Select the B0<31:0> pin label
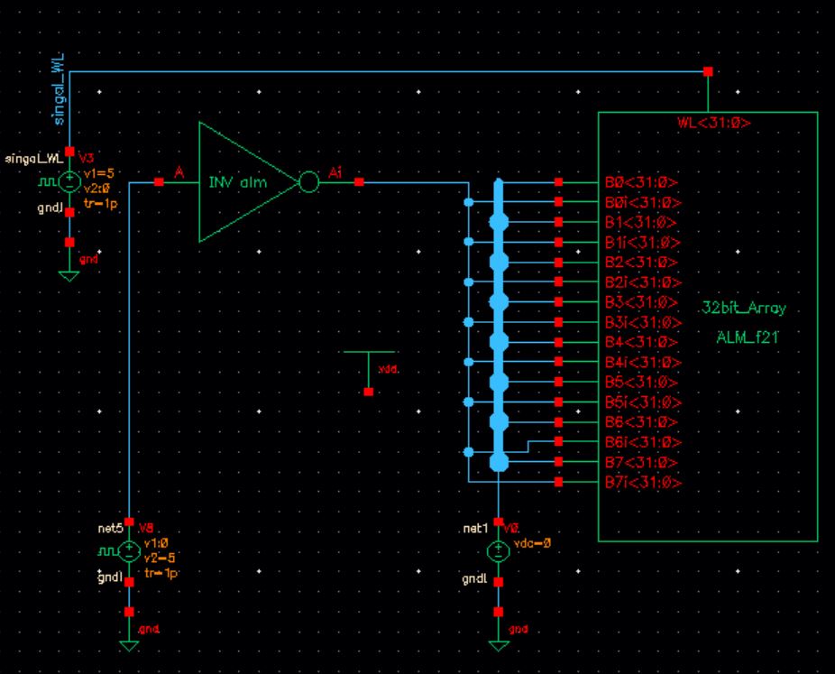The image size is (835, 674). point(642,183)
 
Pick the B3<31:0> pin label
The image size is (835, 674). point(642,302)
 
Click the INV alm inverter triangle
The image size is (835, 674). point(243,183)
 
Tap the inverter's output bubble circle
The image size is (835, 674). point(308,183)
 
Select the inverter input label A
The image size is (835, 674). point(179,172)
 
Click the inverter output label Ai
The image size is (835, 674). point(335,172)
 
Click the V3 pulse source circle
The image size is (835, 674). point(69,182)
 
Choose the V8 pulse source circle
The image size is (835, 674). point(129,550)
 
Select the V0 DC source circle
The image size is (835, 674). point(499,550)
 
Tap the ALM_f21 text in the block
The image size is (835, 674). point(746,337)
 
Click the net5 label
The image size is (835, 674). point(109,527)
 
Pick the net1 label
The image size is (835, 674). point(474,528)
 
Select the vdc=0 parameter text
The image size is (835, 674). point(531,545)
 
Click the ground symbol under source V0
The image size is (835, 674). point(499,644)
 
